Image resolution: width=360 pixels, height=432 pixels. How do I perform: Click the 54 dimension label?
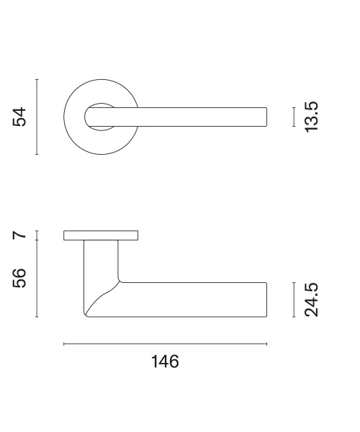19,117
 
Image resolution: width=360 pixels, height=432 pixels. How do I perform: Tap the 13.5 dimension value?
311,117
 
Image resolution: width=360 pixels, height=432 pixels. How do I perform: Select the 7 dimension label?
19,235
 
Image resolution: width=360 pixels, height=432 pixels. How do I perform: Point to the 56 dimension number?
19,278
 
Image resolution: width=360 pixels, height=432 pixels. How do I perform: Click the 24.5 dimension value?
311,300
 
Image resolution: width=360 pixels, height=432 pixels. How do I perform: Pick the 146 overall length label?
166,361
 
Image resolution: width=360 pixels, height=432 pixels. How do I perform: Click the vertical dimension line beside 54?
37,117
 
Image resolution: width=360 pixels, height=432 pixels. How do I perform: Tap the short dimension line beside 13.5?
294,117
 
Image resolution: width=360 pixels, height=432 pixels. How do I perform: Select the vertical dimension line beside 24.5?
294,300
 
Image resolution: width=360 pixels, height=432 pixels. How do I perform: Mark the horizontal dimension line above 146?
166,344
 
